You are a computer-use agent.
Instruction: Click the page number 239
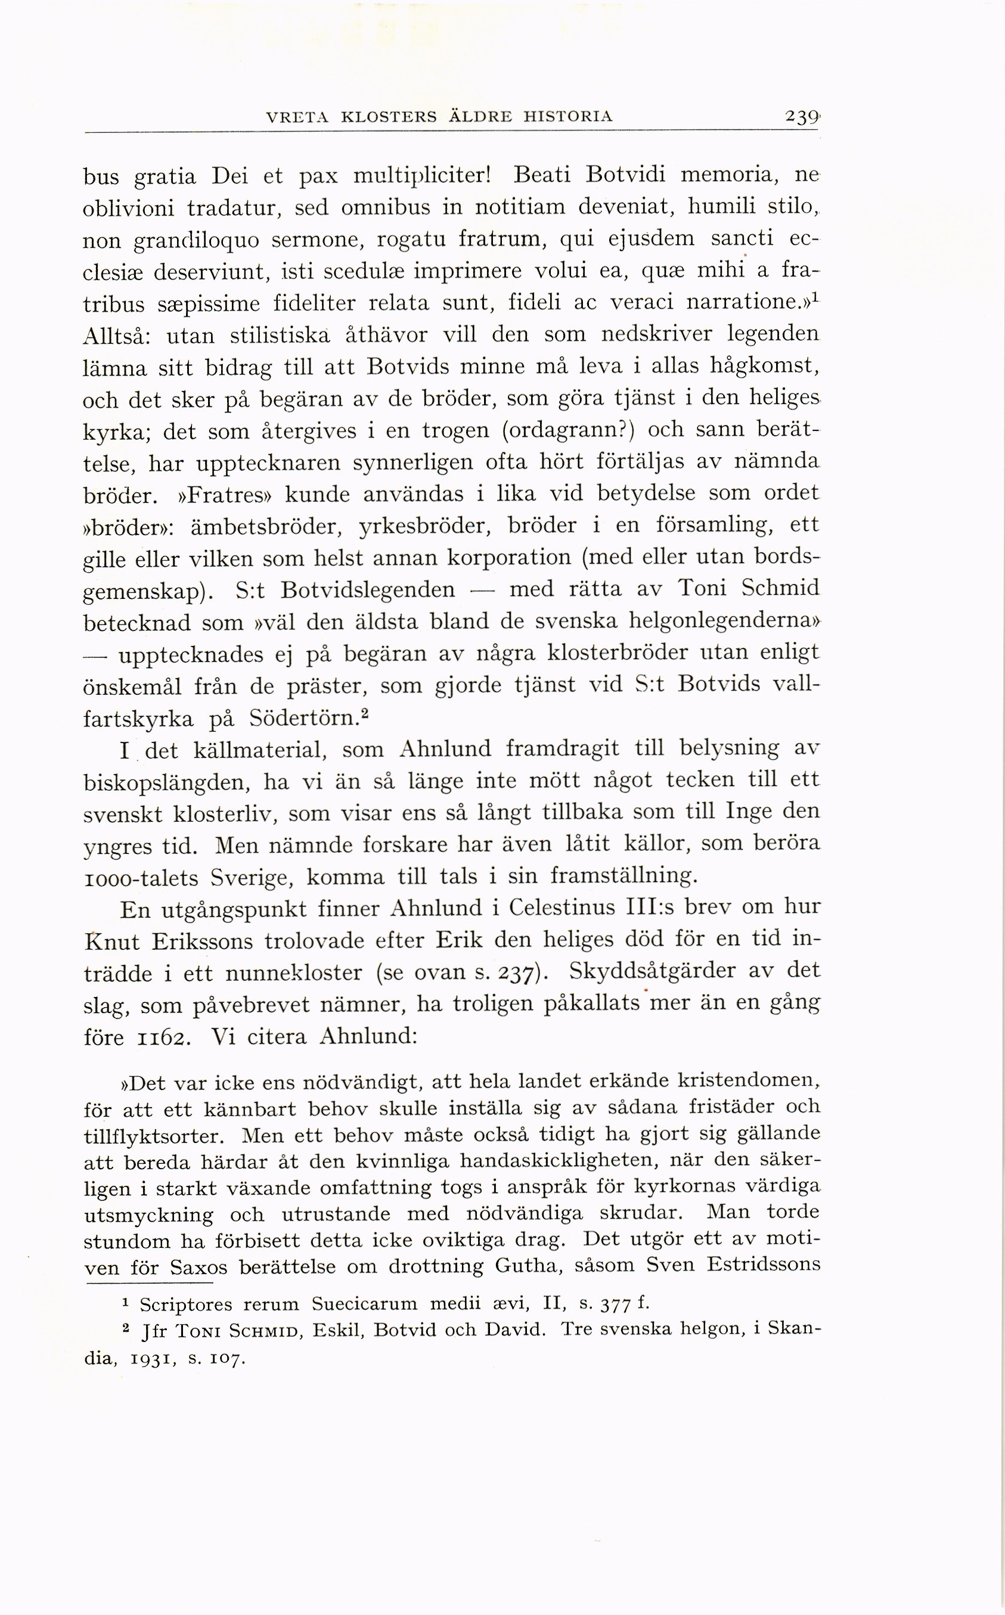coord(802,117)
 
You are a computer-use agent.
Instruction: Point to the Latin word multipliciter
coord(421,176)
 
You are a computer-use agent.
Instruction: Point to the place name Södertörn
coord(305,718)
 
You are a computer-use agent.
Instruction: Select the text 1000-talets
coord(141,878)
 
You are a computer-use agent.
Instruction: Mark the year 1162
coord(163,1038)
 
